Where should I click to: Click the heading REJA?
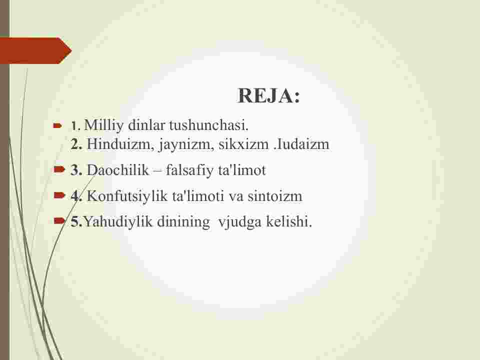[x=269, y=95]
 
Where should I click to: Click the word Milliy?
[x=104, y=125]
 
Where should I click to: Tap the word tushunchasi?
[x=209, y=125]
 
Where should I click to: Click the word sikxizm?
[x=243, y=144]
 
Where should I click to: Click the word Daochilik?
[x=118, y=170]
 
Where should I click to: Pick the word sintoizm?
[x=275, y=196]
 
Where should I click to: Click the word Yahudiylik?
[x=118, y=222]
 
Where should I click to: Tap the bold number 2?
[x=76, y=144]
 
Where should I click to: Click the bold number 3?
[x=76, y=170]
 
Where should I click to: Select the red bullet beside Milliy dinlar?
[x=57, y=125]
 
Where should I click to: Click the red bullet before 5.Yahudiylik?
[x=59, y=220]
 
